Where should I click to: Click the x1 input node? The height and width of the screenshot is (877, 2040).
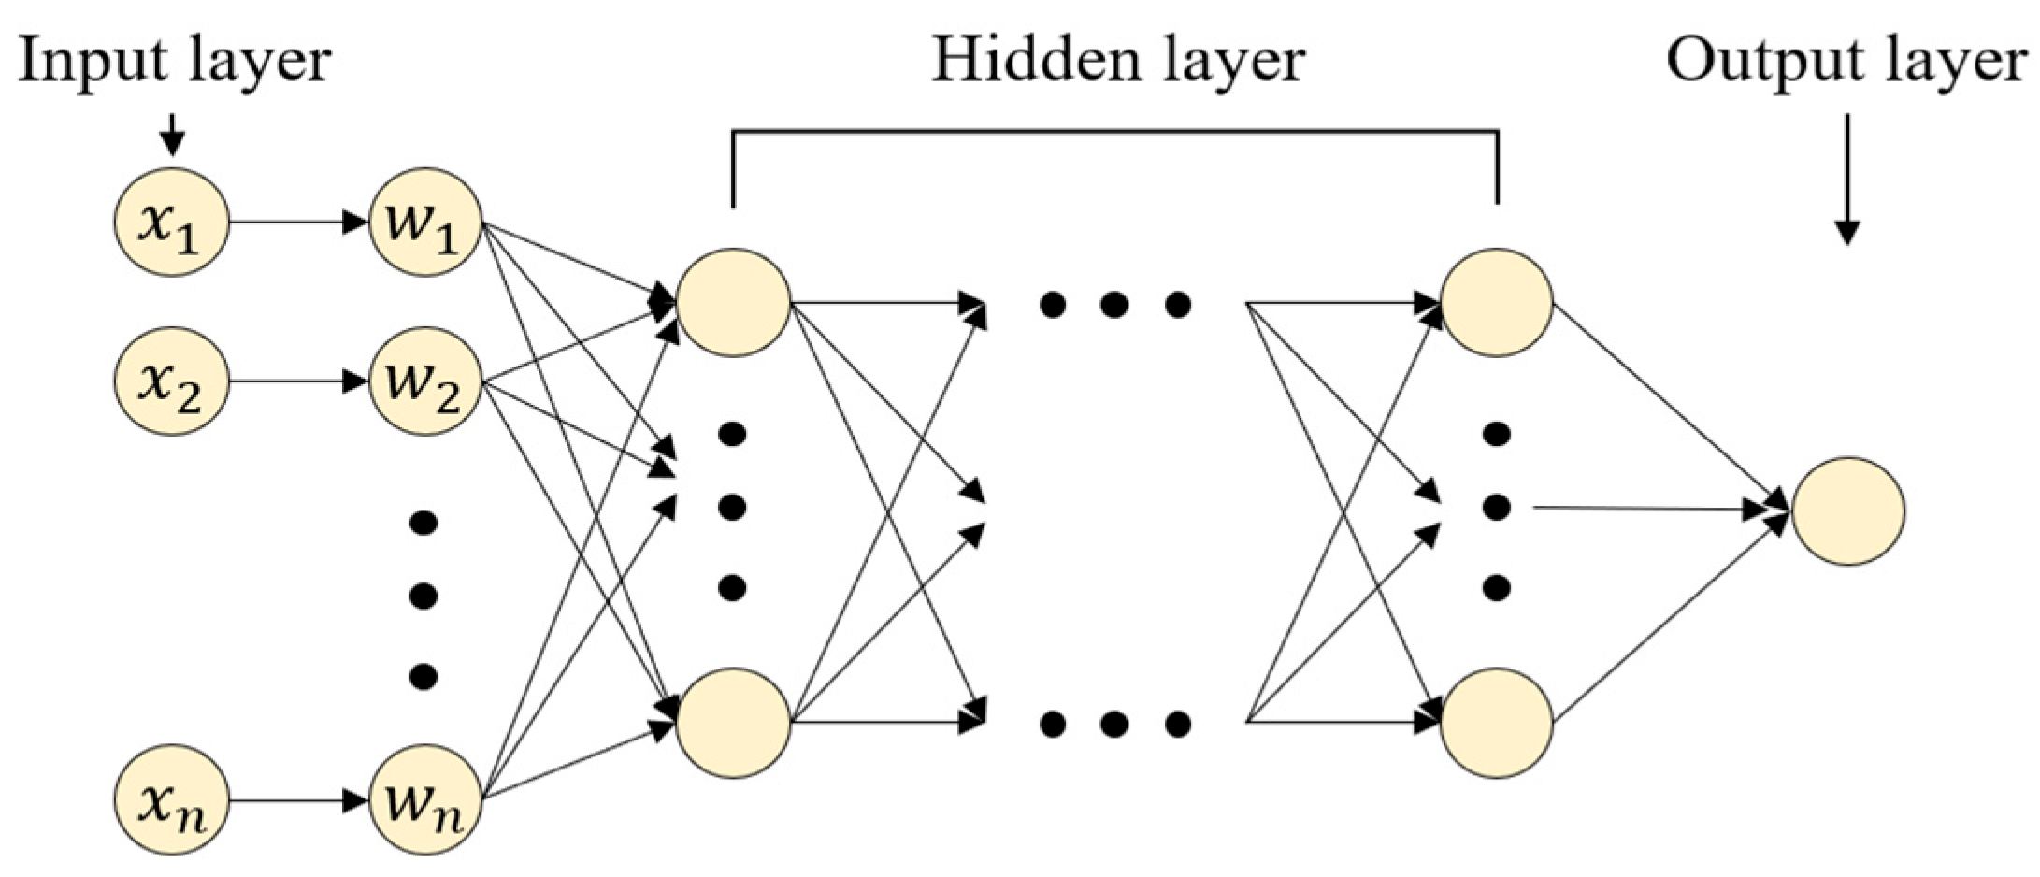(x=171, y=223)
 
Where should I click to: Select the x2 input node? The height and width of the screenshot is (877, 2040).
(x=171, y=381)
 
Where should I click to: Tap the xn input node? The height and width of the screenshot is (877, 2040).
(x=171, y=801)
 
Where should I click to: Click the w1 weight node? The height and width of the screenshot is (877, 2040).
(x=425, y=223)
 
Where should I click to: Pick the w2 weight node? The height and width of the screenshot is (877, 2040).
(x=425, y=381)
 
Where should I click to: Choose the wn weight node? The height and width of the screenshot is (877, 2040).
(x=425, y=801)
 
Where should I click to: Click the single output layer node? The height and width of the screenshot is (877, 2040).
(x=1847, y=510)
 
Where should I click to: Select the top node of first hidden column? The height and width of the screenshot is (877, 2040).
(x=733, y=302)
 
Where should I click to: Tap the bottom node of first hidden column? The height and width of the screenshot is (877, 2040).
(x=733, y=722)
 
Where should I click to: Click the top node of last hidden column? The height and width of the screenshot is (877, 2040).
(x=1497, y=302)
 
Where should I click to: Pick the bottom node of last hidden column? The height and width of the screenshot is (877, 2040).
(x=1497, y=722)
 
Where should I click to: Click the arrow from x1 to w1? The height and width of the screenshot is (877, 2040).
(x=297, y=223)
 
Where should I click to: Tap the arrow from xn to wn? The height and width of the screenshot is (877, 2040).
(x=297, y=801)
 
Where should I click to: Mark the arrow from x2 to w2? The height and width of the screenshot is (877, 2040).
(x=297, y=381)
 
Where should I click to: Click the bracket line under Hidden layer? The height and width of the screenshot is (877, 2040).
(x=1114, y=132)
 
